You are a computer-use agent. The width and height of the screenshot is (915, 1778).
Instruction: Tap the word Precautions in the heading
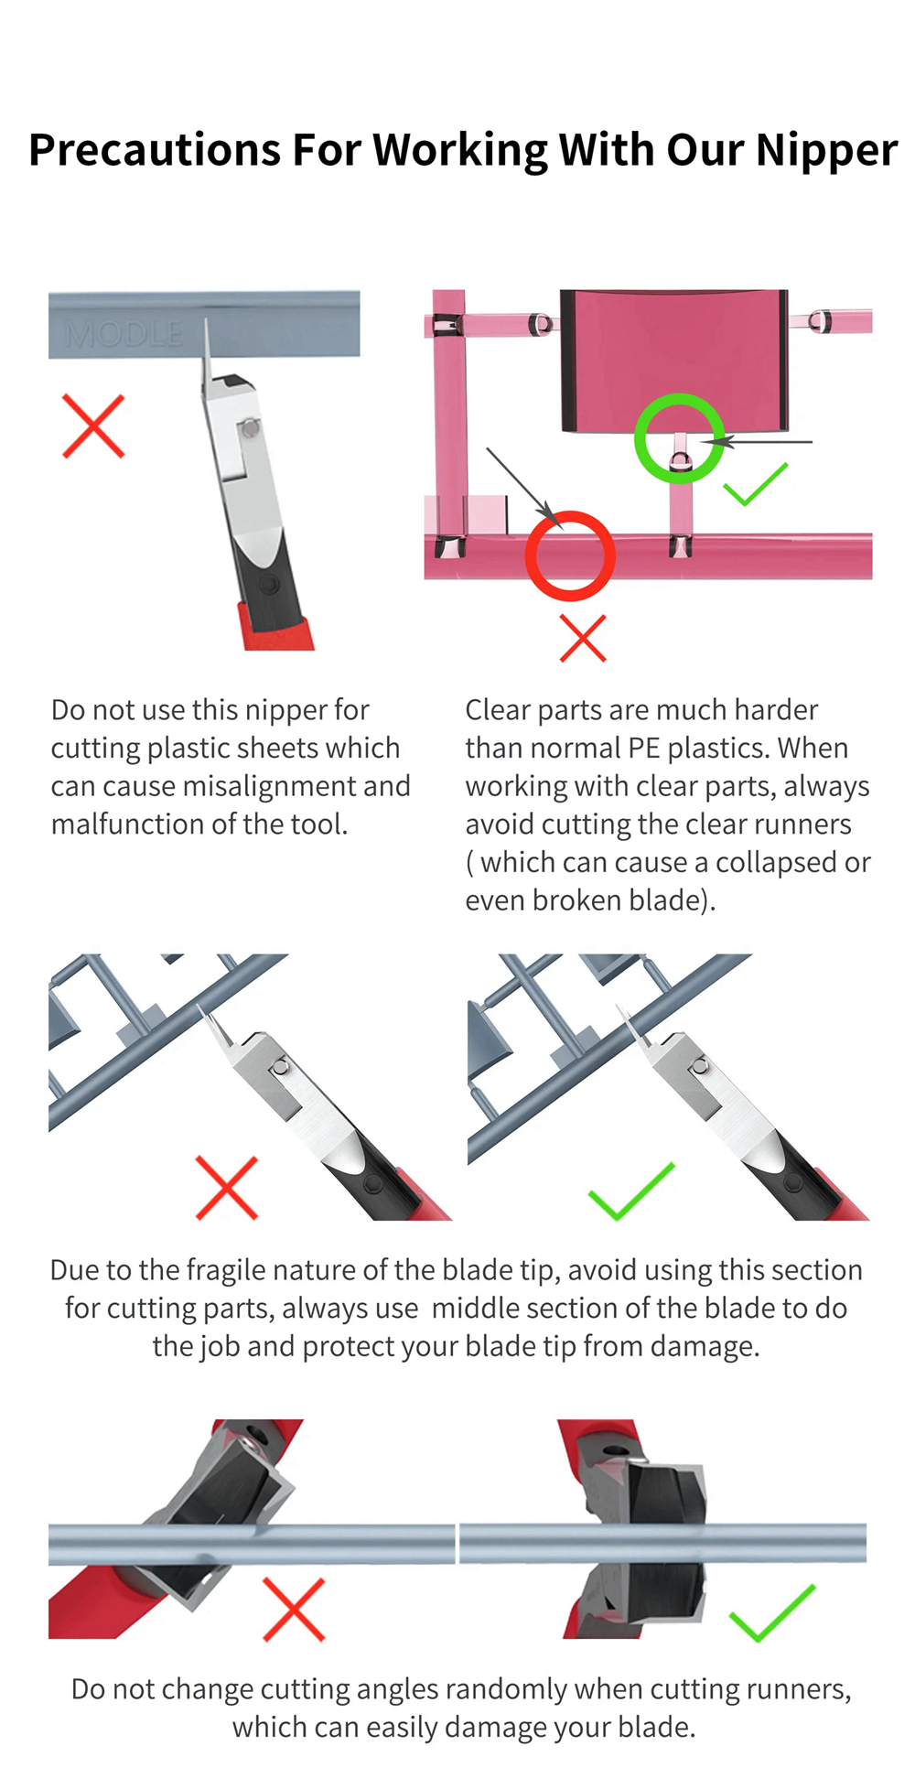coord(155,149)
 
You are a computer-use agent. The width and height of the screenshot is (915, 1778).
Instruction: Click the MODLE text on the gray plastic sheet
coord(124,335)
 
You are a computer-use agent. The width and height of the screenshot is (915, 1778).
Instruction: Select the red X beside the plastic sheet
coord(93,426)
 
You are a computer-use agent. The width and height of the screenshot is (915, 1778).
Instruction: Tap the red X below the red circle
coord(583,638)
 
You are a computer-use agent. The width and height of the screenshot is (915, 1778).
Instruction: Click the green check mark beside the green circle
coord(755,484)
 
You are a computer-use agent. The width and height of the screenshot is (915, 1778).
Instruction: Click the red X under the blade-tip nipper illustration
coord(227,1188)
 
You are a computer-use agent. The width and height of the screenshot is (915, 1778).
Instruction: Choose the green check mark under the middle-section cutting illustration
coord(631,1191)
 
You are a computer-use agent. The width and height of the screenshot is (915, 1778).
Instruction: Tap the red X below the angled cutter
coord(294,1609)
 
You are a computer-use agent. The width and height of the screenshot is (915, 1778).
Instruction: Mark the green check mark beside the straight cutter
coord(772,1612)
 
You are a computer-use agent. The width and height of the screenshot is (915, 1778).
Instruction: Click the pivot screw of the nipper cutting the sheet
coord(250,427)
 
